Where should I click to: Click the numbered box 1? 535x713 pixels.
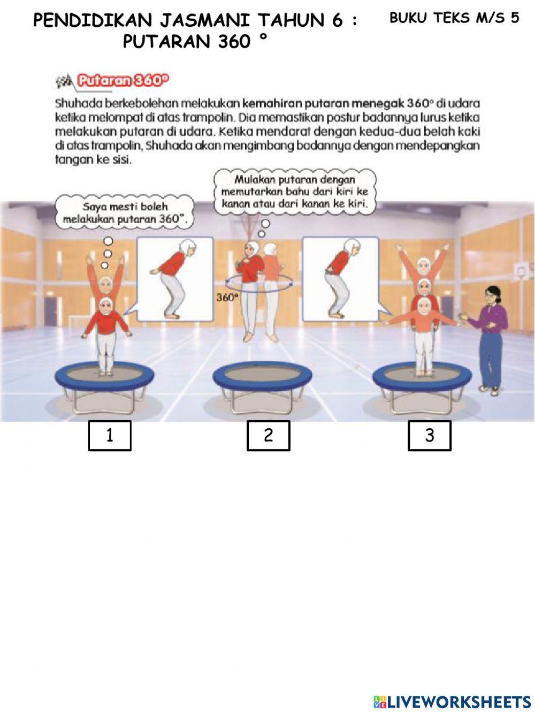[x=110, y=436]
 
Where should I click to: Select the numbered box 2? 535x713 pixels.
[x=268, y=436]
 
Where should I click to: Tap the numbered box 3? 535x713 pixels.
[x=430, y=436]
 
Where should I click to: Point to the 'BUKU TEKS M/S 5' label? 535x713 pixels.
[x=454, y=18]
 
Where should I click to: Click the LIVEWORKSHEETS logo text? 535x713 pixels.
[x=452, y=702]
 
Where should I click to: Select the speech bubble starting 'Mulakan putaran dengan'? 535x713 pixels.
[x=294, y=192]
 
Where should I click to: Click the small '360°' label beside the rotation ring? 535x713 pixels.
[x=226, y=298]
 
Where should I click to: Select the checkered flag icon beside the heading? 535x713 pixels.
[x=64, y=81]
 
